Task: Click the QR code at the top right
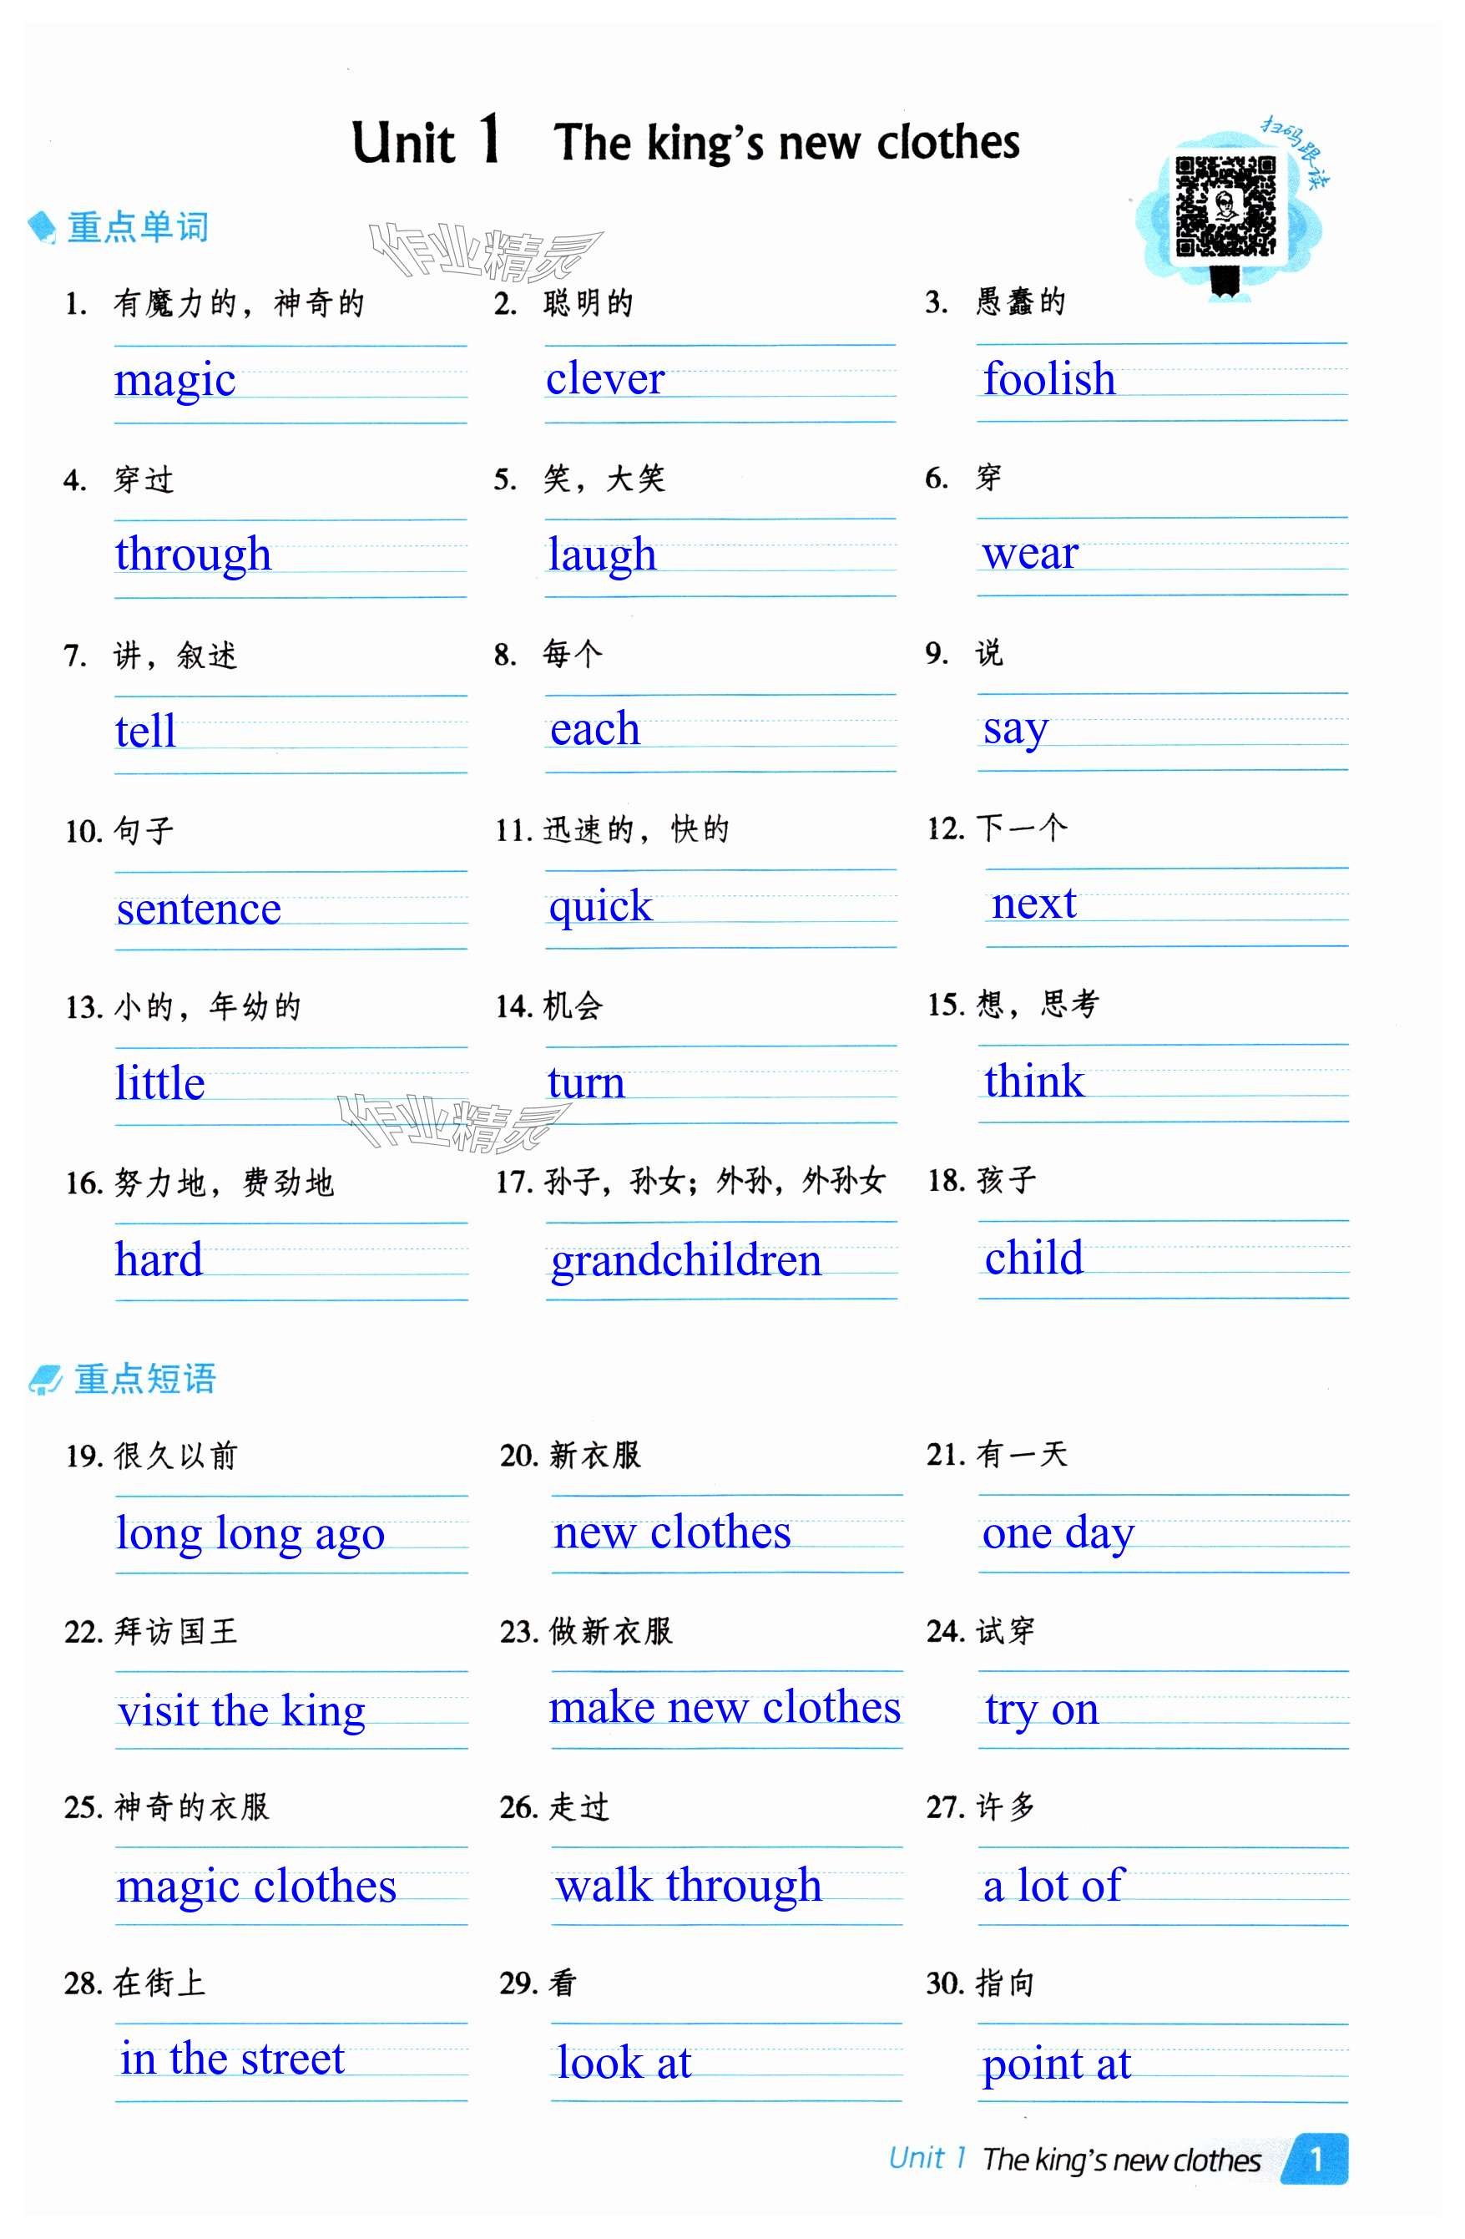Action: pyautogui.click(x=1225, y=206)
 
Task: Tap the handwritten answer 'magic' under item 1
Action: pyautogui.click(x=175, y=380)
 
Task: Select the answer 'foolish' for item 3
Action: pyautogui.click(x=1048, y=378)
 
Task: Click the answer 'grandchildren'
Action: pyautogui.click(x=685, y=1259)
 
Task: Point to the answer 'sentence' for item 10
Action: pyautogui.click(x=199, y=908)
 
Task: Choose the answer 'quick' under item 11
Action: pyautogui.click(x=600, y=906)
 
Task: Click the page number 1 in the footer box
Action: pyautogui.click(x=1316, y=2157)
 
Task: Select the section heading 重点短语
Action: pyautogui.click(x=144, y=1378)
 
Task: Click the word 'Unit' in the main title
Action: pyautogui.click(x=403, y=143)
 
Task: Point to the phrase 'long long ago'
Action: pyautogui.click(x=250, y=1533)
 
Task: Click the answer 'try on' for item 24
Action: pyautogui.click(x=1041, y=1710)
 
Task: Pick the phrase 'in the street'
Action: pyautogui.click(x=232, y=2058)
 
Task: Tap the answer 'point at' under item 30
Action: pyautogui.click(x=1056, y=2064)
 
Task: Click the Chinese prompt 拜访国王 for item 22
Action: pyautogui.click(x=176, y=1631)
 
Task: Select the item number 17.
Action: pyautogui.click(x=513, y=1182)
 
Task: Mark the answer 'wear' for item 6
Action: pyautogui.click(x=1029, y=553)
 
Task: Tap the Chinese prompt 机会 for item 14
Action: pyautogui.click(x=573, y=1006)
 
